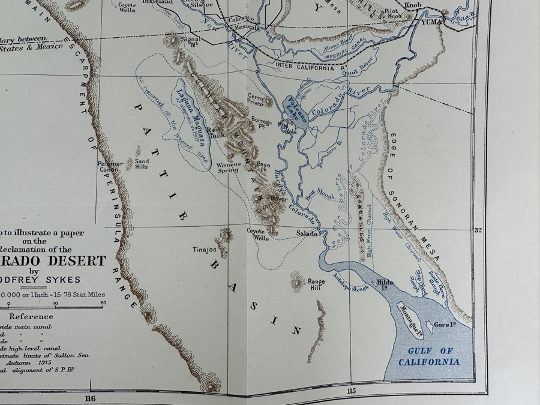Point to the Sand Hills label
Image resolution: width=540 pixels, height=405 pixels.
pos(142,164)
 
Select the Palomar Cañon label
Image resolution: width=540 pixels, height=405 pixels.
pos(111,166)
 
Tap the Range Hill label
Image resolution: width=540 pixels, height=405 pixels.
pos(316,284)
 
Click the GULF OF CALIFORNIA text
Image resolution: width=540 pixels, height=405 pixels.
pos(430,356)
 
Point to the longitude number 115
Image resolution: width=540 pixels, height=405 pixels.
pos(350,392)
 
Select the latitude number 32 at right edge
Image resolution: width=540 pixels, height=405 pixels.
pos(478,230)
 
